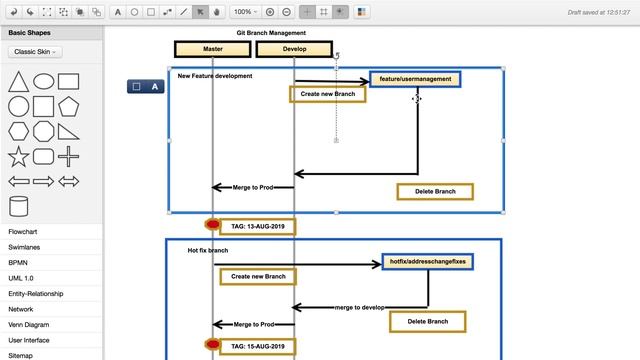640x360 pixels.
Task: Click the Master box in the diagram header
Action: click(x=212, y=49)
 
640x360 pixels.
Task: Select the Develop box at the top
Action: click(x=294, y=49)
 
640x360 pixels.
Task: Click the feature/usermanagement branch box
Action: click(x=415, y=79)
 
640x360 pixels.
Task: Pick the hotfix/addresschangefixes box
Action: click(x=427, y=262)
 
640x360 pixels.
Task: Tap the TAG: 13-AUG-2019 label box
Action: click(x=257, y=226)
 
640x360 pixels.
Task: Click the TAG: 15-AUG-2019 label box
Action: click(x=257, y=346)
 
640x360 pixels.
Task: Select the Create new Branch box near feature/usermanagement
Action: click(x=328, y=94)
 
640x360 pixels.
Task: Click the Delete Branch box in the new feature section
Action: click(x=435, y=191)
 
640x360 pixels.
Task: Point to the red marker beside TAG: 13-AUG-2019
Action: click(x=212, y=226)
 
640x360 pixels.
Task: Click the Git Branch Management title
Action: click(x=271, y=33)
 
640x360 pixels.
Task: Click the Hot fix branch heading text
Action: click(x=208, y=251)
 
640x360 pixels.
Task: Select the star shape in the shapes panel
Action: click(x=18, y=156)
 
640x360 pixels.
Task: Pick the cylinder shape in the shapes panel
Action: click(x=18, y=206)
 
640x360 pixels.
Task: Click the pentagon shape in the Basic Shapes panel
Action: click(x=69, y=106)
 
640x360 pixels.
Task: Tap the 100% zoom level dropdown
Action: click(x=244, y=12)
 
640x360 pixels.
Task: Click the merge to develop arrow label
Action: click(x=359, y=307)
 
